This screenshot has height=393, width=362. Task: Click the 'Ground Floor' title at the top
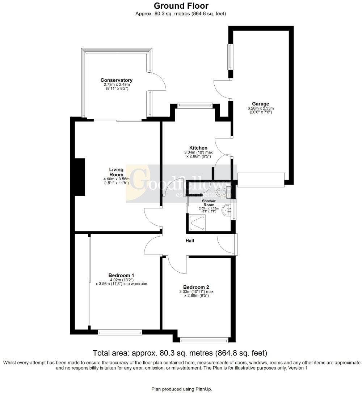(181, 6)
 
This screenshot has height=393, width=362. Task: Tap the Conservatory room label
(116, 80)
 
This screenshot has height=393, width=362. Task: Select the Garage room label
(261, 104)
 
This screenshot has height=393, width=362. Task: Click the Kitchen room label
(198, 148)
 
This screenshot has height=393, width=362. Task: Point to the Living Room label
(116, 172)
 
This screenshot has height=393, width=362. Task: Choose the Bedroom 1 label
(121, 275)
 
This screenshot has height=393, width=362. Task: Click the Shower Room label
(209, 203)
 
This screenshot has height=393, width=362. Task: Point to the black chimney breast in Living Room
(79, 177)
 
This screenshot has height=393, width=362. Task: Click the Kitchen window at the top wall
(195, 105)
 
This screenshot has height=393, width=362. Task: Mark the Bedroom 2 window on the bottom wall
(204, 339)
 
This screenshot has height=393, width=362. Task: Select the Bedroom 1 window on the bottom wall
(120, 332)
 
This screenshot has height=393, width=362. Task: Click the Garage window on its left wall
(230, 57)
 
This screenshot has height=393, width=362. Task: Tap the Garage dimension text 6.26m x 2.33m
(261, 108)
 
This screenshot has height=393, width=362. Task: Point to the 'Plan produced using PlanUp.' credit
(181, 389)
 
